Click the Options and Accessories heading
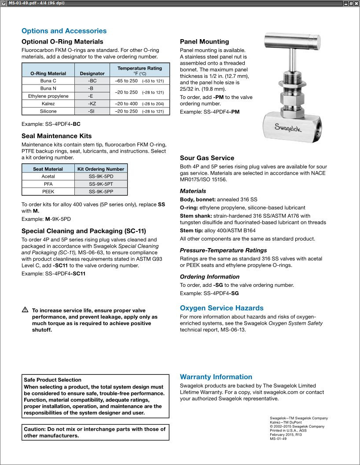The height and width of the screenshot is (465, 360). click(64, 31)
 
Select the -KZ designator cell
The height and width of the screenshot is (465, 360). click(92, 103)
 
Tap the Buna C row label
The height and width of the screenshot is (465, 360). click(48, 81)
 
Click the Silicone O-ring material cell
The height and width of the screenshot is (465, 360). click(48, 111)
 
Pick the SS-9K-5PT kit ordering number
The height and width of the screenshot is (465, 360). click(101, 184)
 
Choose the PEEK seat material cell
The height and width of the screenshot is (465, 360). click(48, 192)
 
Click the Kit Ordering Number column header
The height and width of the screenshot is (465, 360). click(101, 169)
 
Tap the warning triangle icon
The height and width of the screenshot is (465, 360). click(25, 310)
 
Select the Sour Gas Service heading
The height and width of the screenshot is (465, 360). click(207, 158)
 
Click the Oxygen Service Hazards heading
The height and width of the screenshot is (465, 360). click(221, 308)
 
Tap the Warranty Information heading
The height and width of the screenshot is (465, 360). click(216, 377)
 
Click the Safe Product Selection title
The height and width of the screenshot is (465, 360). click(52, 380)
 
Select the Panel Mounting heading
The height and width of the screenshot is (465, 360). click(204, 42)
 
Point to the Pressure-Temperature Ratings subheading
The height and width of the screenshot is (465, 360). click(223, 250)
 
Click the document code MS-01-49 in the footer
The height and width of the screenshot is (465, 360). click(278, 439)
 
